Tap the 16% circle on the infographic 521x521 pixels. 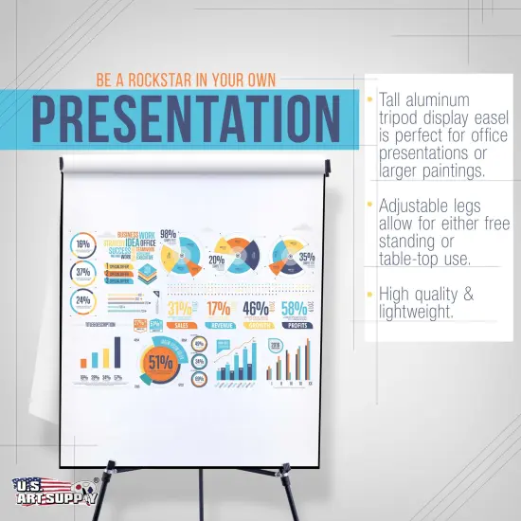tap(83, 244)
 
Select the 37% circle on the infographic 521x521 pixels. tap(83, 273)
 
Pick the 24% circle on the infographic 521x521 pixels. tap(83, 301)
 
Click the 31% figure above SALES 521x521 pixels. tap(180, 308)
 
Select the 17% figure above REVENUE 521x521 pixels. tap(220, 308)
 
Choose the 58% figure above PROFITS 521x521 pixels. tap(294, 308)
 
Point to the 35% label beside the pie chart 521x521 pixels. tap(306, 257)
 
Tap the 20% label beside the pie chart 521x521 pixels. tap(216, 260)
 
